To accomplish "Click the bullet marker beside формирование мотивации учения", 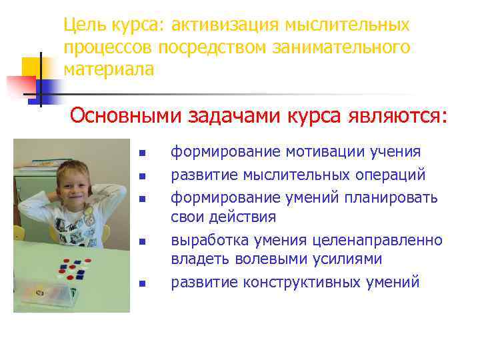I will [x=141, y=154].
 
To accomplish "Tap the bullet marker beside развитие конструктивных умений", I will [x=141, y=283].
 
